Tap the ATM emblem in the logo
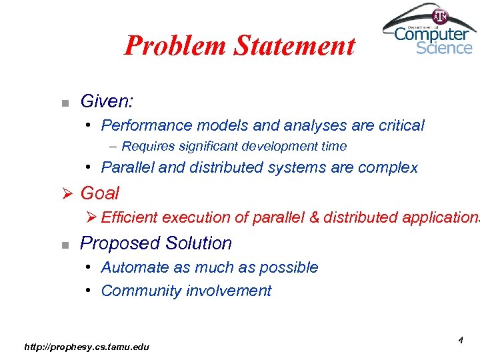pos(440,16)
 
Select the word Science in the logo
pos(444,48)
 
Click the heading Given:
pos(107,101)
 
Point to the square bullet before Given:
pos(64,103)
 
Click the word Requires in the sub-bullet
pos(146,146)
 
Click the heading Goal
pos(99,193)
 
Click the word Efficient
pos(129,217)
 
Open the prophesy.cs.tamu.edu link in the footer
pos(87,346)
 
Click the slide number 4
pos(460,341)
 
